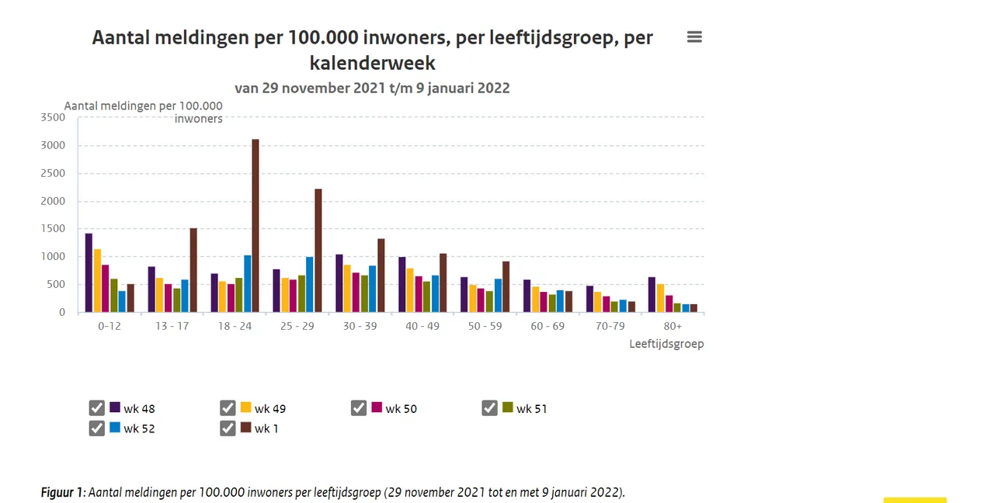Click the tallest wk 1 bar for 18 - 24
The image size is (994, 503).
pos(255,225)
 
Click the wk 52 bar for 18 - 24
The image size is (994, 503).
pos(247,283)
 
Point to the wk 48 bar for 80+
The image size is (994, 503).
pos(652,295)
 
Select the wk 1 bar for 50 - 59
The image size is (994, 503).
pos(506,286)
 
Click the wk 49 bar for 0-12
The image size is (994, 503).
pos(97,280)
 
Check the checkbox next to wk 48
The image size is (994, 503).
pos(97,408)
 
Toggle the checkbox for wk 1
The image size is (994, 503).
pos(228,428)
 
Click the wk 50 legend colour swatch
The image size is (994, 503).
pos(377,408)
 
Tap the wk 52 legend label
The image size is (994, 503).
pos(139,428)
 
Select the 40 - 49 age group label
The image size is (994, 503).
pos(422,326)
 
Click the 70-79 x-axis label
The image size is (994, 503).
pos(610,326)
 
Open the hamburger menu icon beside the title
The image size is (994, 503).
pos(694,37)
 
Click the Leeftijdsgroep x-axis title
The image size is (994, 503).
pos(666,344)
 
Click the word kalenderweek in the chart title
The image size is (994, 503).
pos(373,63)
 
